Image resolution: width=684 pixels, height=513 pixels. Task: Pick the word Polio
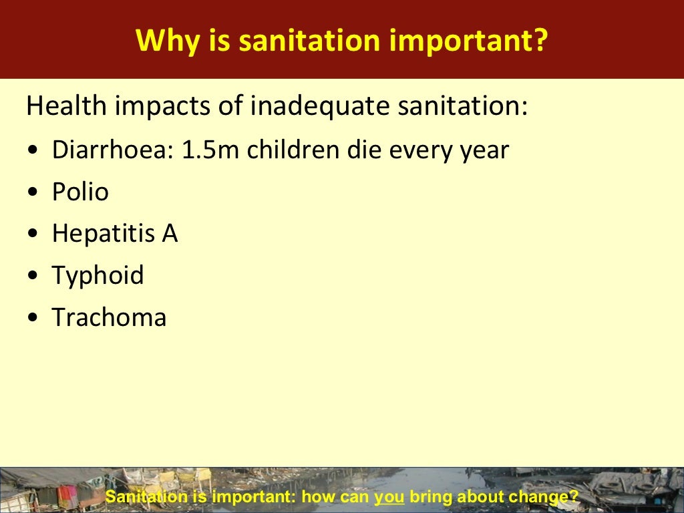tap(80, 192)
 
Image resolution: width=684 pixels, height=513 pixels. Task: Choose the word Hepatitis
tap(102, 234)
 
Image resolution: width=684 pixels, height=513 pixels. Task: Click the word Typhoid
tap(98, 275)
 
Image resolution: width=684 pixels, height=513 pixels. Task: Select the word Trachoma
tap(109, 317)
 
